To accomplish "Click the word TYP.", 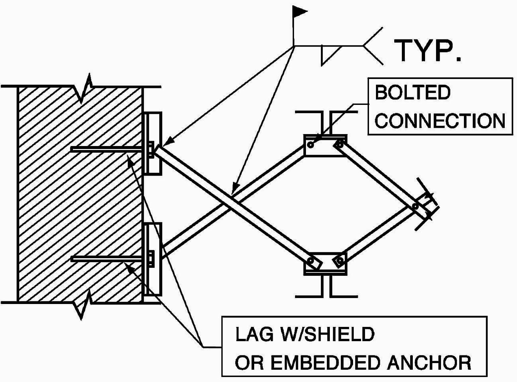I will pos(427,50).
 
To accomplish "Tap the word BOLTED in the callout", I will pos(412,93).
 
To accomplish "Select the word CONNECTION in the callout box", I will pos(440,121).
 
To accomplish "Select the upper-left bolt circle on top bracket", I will pos(310,145).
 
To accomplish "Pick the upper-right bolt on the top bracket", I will pos(339,144).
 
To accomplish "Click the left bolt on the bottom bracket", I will pos(311,261).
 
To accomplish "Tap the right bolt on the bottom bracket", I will pos(339,261).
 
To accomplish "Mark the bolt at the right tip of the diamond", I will pos(415,206).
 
